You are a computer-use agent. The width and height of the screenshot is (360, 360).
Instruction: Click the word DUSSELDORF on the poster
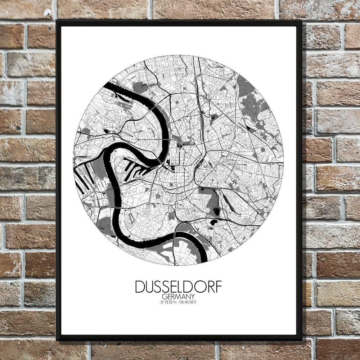point(179,287)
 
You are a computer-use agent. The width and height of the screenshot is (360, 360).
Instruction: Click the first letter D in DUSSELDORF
point(140,287)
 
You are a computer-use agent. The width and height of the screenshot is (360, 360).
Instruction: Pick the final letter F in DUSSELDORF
point(219,287)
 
